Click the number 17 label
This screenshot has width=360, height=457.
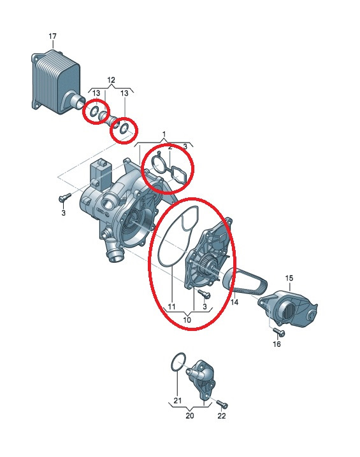pos(52,36)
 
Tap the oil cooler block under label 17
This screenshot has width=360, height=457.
pos(56,82)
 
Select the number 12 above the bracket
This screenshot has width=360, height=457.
pos(111,80)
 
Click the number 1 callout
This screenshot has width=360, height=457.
pos(164,134)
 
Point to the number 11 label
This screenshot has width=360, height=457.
pos(171,307)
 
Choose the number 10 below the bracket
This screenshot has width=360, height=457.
pos(187,320)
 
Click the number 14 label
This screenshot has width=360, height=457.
pos(234,302)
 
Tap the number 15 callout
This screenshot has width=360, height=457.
pos(289,278)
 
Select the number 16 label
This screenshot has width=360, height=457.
pos(277,344)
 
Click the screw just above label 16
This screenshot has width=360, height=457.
pos(279,332)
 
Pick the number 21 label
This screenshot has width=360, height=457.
pos(178,401)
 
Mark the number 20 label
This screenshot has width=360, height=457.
pos(190,416)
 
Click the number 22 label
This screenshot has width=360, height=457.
pos(222,416)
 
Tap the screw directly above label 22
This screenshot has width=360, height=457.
pos(222,404)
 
